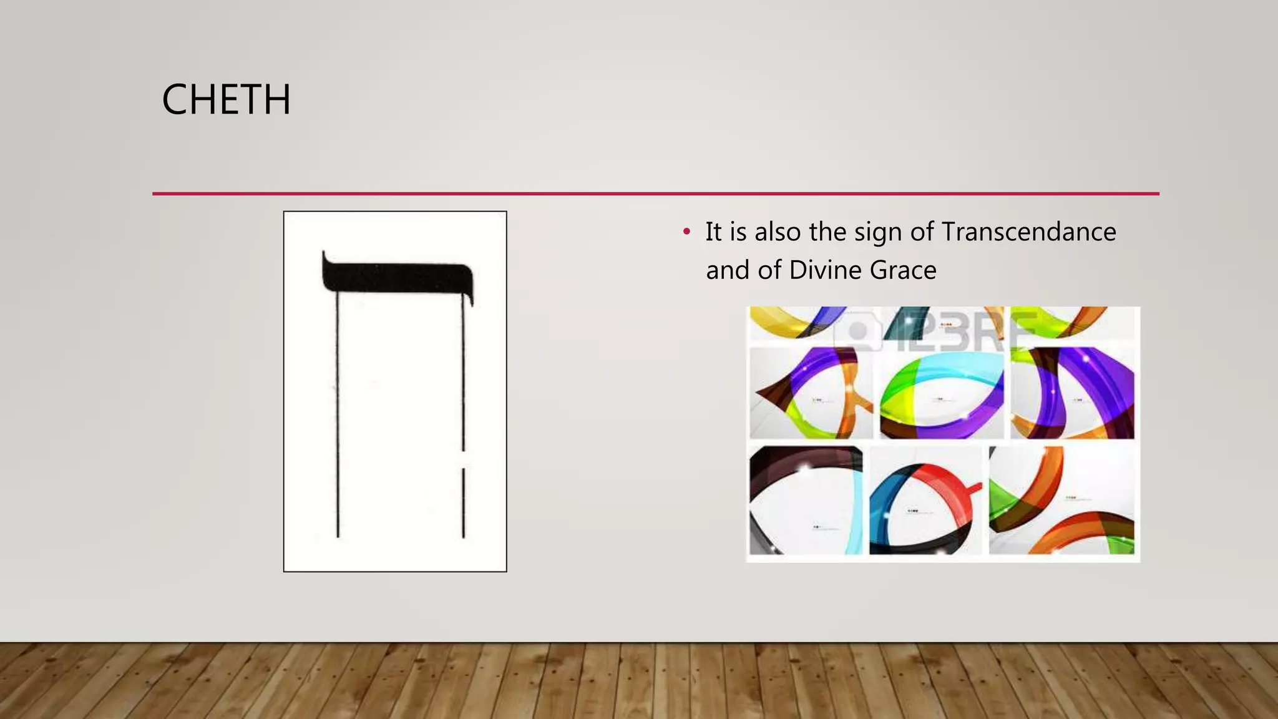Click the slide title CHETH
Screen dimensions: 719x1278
226,100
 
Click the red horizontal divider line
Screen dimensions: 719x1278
655,193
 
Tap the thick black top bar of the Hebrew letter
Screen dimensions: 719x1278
396,277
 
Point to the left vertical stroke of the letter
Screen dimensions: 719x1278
338,412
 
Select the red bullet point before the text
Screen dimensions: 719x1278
686,232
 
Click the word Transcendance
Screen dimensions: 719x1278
1028,232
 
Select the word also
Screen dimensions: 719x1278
777,232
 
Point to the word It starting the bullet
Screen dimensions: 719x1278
713,232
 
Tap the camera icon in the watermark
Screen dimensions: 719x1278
859,330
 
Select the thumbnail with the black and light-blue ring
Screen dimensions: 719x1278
805,501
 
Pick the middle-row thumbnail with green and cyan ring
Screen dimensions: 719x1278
941,393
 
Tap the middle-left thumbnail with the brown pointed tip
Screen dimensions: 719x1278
810,393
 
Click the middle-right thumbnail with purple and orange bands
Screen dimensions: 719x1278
1072,393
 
